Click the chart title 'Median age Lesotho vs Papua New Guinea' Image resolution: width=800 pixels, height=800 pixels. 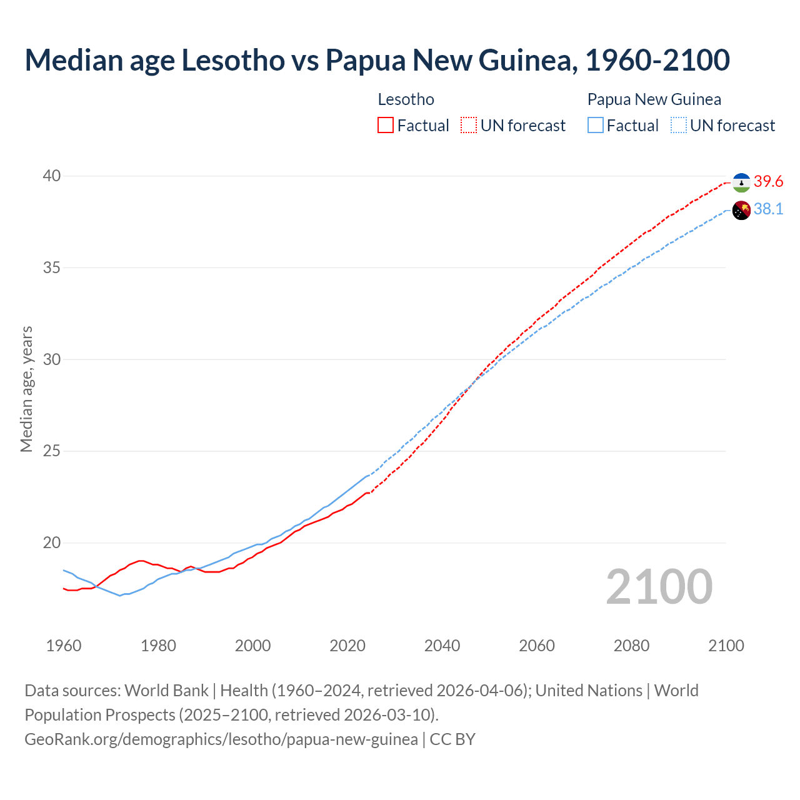tap(377, 60)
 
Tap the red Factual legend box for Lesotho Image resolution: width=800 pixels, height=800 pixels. tap(386, 126)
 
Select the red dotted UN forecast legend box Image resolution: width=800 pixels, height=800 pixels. tap(469, 126)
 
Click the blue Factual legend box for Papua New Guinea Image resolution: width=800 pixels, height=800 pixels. tap(596, 126)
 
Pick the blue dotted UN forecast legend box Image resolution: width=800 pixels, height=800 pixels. tap(679, 126)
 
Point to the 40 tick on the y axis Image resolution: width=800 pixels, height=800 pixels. tap(52, 176)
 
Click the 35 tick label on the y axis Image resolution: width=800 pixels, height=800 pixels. tap(52, 268)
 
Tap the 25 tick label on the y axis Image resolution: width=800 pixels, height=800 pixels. tap(52, 451)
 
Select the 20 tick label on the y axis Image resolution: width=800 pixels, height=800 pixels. tap(52, 543)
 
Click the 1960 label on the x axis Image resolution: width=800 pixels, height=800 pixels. tap(64, 646)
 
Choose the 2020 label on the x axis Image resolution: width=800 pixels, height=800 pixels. tap(347, 646)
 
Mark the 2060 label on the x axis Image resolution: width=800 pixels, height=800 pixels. tap(537, 646)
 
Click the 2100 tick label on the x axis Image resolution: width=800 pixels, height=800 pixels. tap(726, 646)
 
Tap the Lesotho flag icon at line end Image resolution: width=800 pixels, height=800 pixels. tap(741, 182)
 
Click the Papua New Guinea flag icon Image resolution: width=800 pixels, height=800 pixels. tap(741, 211)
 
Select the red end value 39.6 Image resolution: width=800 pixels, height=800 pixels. tap(768, 182)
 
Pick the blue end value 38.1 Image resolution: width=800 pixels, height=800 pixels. tap(768, 209)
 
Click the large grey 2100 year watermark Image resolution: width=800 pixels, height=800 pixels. tap(659, 587)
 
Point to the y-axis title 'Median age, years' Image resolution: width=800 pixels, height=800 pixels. tap(27, 389)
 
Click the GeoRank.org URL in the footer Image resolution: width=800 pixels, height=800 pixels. tap(221, 739)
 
